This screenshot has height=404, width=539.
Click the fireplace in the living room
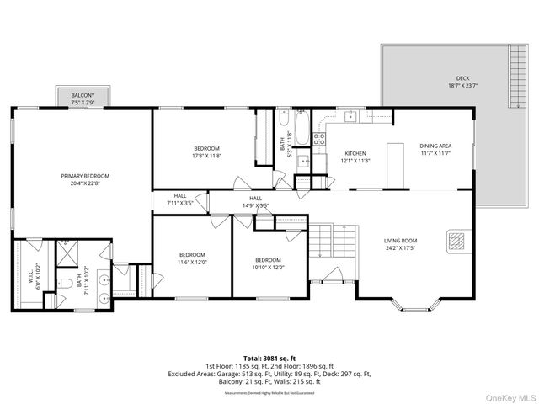pyautogui.click(x=456, y=242)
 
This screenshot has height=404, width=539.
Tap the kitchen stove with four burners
pyautogui.click(x=319, y=139)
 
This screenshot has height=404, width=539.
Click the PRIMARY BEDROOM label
pyautogui.click(x=84, y=176)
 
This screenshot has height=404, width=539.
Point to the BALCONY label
pyautogui.click(x=83, y=95)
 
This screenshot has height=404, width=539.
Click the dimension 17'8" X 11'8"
pyautogui.click(x=206, y=156)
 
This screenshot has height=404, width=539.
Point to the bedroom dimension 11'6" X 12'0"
pyautogui.click(x=192, y=262)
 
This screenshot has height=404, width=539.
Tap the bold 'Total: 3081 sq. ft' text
pyautogui.click(x=269, y=358)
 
